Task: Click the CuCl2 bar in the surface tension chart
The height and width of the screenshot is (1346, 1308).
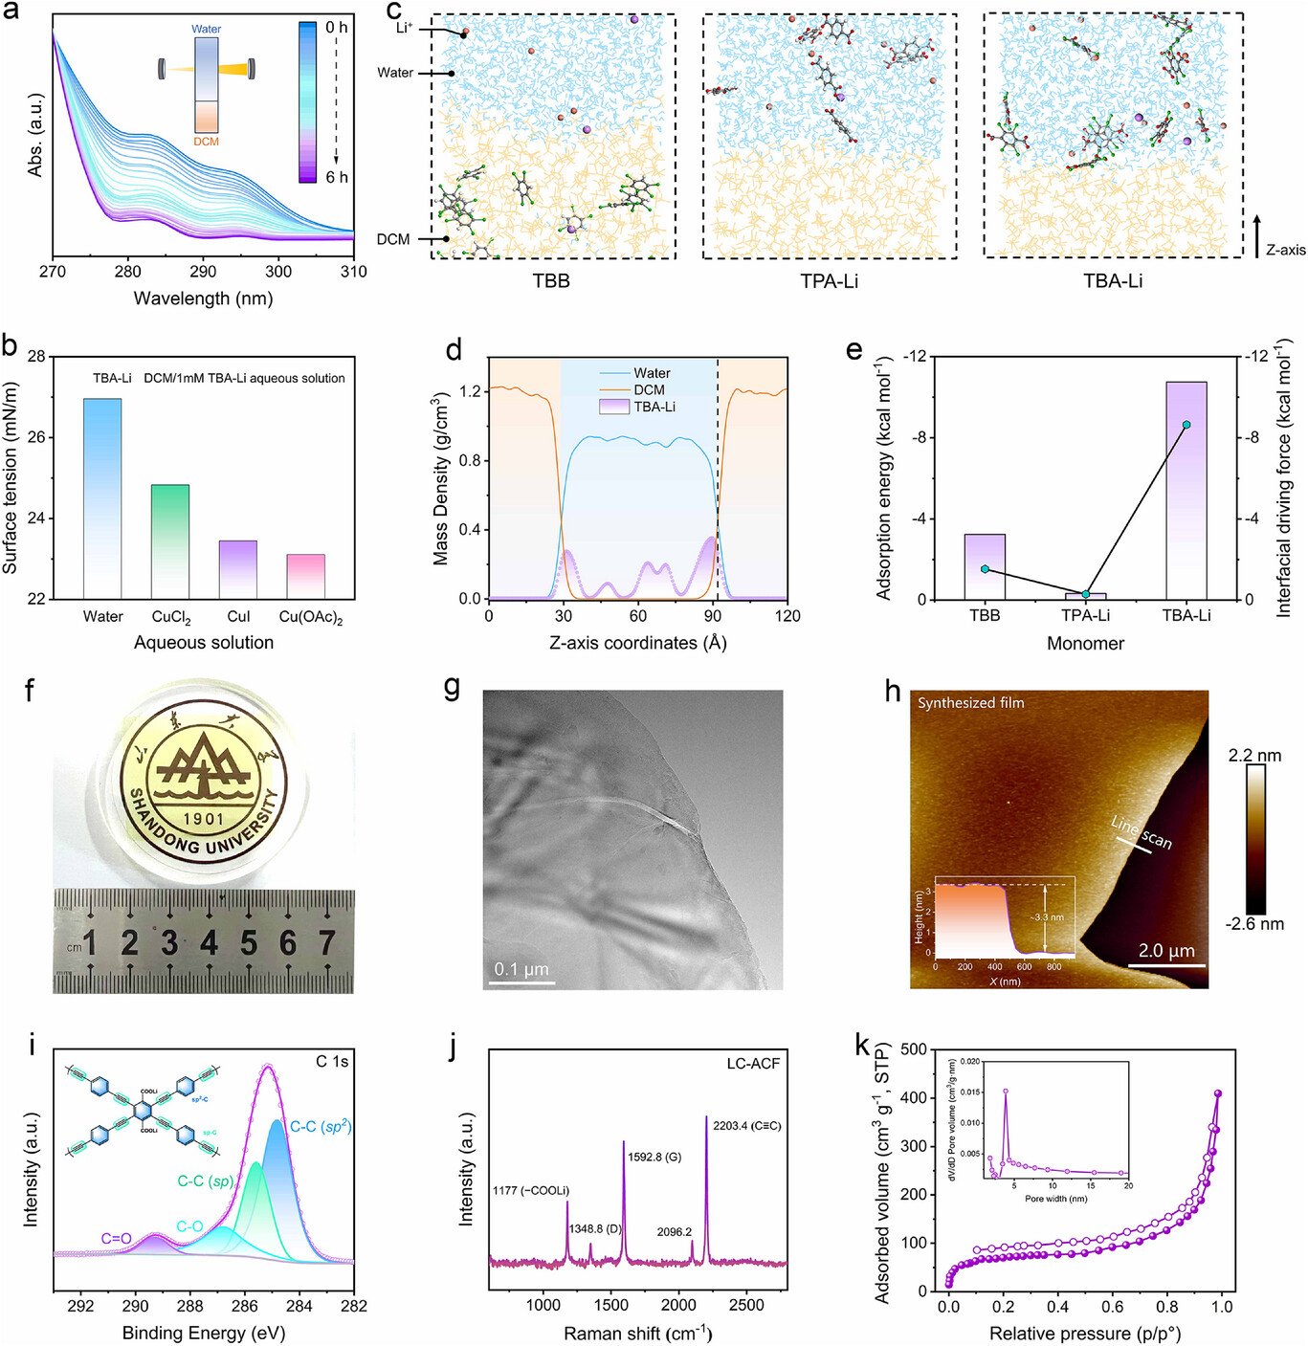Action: point(170,541)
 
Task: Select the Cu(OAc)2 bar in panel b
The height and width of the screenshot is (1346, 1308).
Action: point(306,576)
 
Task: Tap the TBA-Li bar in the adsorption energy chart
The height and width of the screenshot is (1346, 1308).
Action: point(1186,490)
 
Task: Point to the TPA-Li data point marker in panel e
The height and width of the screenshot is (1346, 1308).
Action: point(1086,595)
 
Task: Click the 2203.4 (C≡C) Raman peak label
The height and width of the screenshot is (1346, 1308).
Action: point(746,1126)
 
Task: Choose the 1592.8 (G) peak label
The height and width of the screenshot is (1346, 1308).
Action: point(654,1158)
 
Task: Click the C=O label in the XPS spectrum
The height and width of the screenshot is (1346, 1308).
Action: point(116,1239)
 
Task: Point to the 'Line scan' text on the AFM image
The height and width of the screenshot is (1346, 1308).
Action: point(1142,832)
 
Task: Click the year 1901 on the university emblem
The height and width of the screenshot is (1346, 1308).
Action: point(203,819)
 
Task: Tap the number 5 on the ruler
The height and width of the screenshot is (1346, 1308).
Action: point(249,944)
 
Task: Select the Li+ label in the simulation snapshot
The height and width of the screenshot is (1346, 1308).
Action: point(405,28)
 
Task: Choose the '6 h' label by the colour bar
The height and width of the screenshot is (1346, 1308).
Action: point(337,177)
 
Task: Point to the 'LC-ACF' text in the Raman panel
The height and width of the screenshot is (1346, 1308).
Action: point(753,1064)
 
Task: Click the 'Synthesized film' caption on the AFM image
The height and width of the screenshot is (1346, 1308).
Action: point(970,703)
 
